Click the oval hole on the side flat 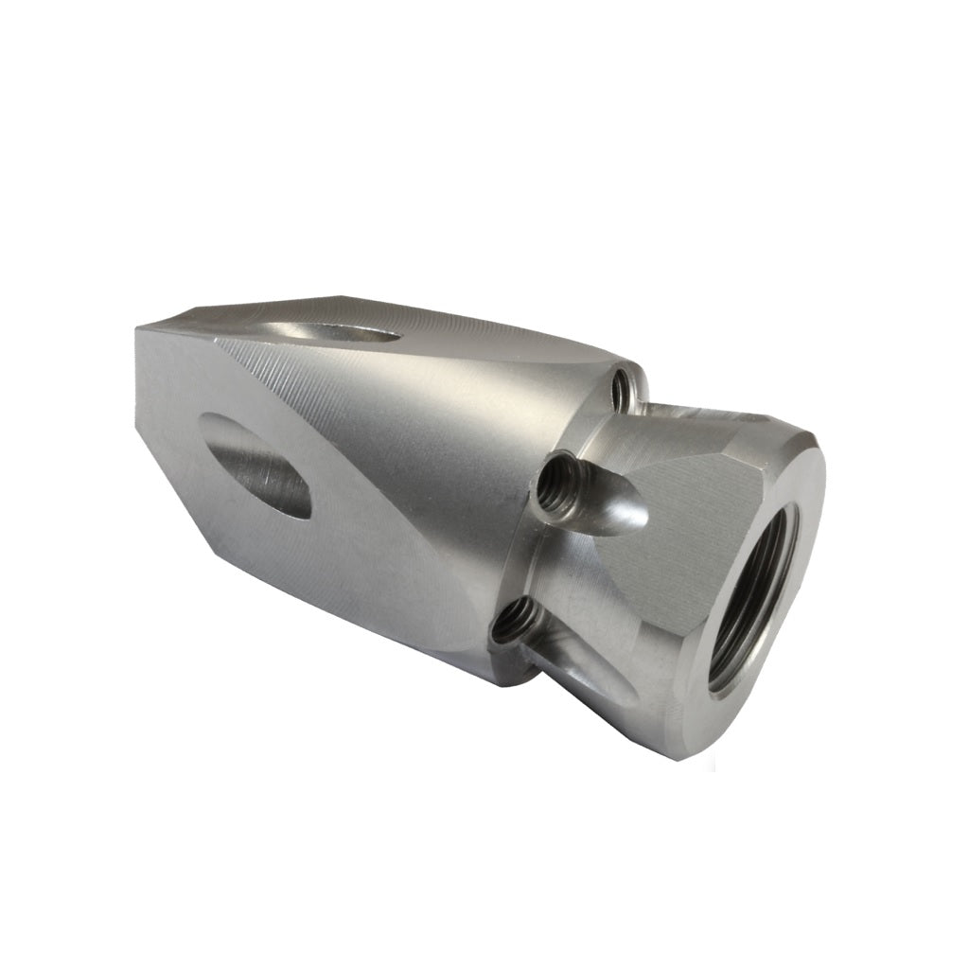click(x=258, y=465)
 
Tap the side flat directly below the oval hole click(x=284, y=568)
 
